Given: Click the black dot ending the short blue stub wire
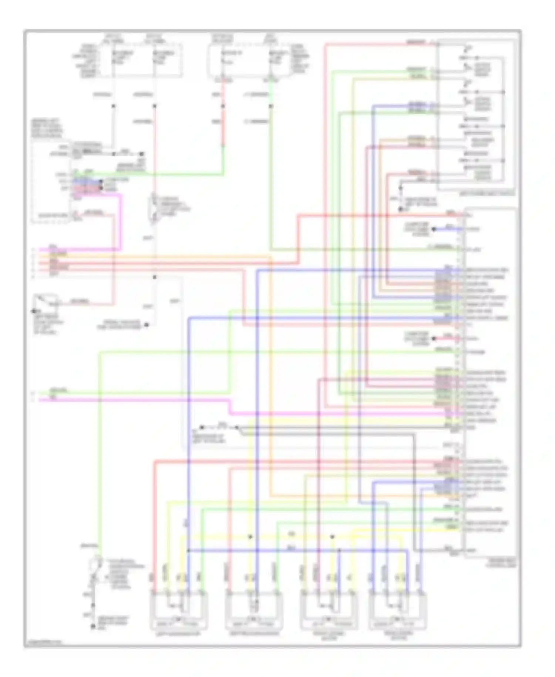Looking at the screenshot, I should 434,229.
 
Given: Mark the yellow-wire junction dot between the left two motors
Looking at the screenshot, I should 250,536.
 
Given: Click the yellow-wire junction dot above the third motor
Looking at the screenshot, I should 332,536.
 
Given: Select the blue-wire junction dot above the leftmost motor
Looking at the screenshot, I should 188,550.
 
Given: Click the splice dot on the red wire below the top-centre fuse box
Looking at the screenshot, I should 223,106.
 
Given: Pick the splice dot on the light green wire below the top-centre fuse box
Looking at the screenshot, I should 271,106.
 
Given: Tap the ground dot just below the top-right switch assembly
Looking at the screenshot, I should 400,210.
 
